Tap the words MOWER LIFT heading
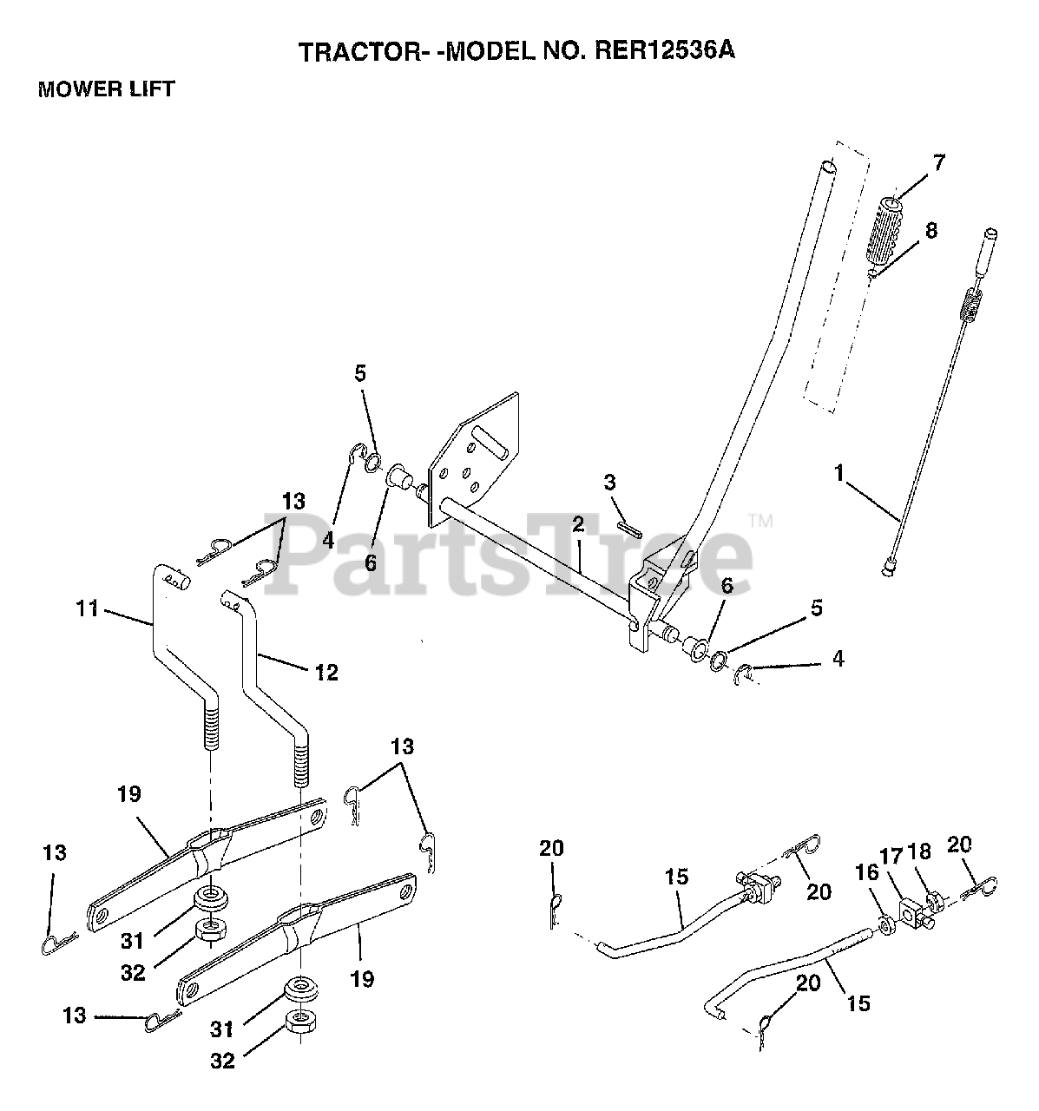point(106,89)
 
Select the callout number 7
point(938,163)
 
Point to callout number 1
point(838,473)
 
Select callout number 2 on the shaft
point(578,523)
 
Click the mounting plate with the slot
point(473,459)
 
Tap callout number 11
point(88,608)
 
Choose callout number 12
point(326,672)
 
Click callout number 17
point(891,855)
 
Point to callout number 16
point(866,872)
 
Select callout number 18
point(919,851)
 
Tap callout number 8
point(931,230)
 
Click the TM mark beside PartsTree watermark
point(760,522)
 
